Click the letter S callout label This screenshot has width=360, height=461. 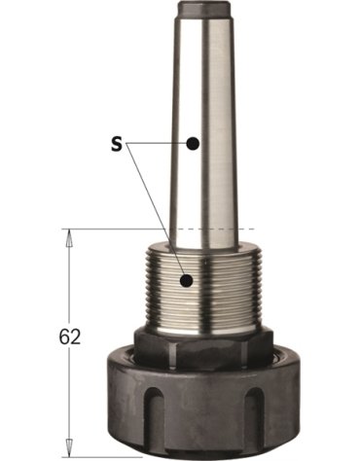point(115,143)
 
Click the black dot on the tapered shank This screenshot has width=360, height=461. point(194,143)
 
